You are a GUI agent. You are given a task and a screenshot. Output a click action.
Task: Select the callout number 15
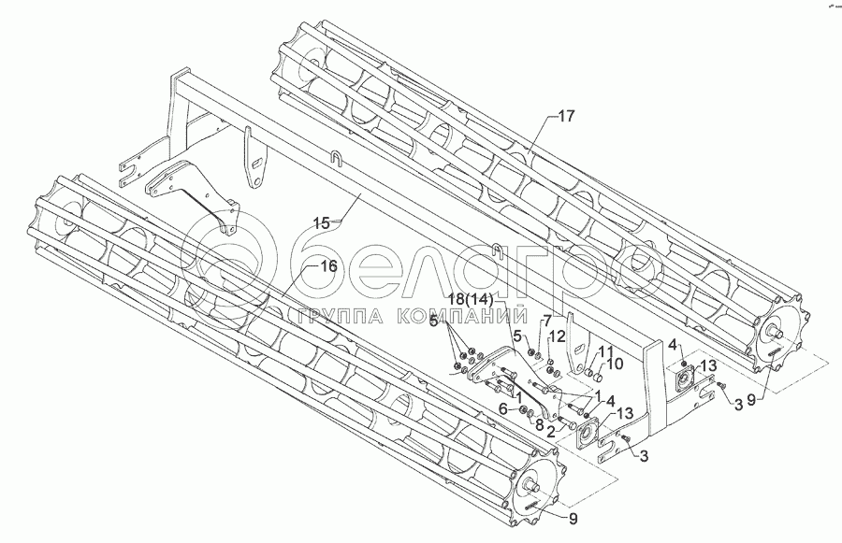point(322,223)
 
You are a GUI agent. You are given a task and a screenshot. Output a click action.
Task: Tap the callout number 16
point(327,266)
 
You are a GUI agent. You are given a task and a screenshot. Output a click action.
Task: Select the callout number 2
point(552,432)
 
